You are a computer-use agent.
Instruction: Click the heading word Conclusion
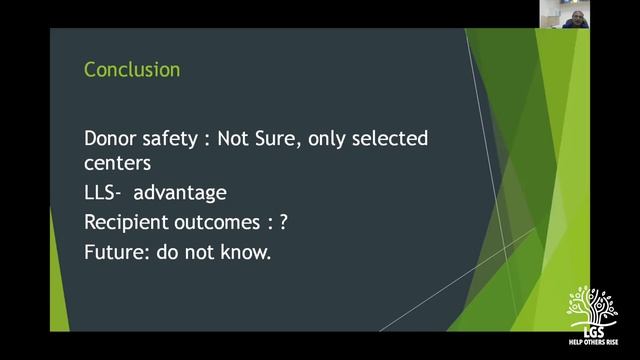tap(132, 70)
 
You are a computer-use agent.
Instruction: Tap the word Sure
tap(294, 138)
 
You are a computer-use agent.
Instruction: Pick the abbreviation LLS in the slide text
tap(101, 192)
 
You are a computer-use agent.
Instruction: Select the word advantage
tap(180, 192)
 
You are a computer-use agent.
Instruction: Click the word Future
tap(113, 252)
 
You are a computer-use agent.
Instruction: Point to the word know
tap(248, 252)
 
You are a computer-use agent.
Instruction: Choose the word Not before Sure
tap(253, 138)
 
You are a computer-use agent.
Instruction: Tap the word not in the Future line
tap(200, 252)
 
